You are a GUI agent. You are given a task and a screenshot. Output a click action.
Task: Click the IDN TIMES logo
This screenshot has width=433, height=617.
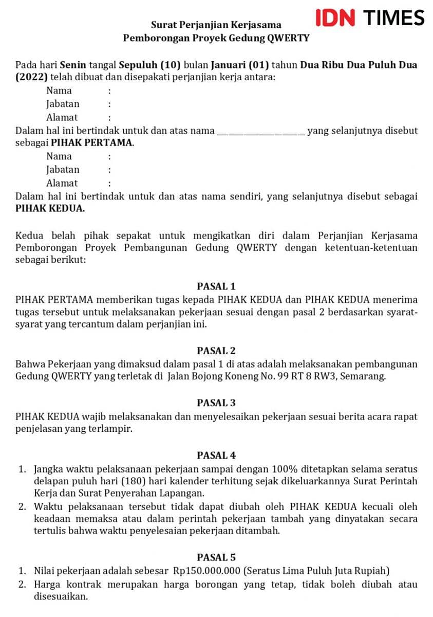[370, 18]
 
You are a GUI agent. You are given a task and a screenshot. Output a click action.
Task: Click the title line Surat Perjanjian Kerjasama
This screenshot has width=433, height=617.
[216, 25]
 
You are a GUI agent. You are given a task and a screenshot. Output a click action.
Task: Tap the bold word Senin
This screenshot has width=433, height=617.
[73, 65]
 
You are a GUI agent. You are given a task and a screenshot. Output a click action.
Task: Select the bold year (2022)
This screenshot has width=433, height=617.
[32, 78]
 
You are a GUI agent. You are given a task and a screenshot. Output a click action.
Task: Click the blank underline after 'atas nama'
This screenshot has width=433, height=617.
[261, 131]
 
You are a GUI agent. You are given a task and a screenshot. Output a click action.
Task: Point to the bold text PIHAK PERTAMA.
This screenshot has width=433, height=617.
[92, 143]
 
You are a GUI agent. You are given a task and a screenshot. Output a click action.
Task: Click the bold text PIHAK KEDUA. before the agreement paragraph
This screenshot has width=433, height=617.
[50, 209]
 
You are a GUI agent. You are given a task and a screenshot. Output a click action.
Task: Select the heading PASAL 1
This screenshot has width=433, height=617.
[216, 286]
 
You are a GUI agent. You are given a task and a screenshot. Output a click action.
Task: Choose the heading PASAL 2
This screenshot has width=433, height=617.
[216, 351]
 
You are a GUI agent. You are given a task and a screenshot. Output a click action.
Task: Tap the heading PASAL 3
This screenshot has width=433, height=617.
[216, 403]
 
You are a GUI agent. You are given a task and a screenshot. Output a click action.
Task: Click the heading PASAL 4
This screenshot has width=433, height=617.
[216, 456]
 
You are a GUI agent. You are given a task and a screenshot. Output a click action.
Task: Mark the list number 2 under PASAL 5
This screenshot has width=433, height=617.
[22, 585]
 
